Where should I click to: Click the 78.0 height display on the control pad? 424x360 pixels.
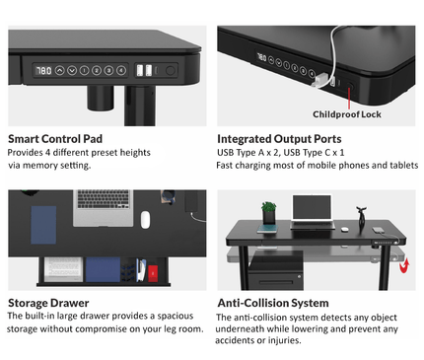point(43,71)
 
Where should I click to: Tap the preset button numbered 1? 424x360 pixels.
point(85,71)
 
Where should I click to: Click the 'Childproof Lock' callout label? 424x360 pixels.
point(347,113)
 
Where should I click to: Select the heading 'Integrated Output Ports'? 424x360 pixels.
point(279,139)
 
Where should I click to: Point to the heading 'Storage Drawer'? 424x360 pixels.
point(48,302)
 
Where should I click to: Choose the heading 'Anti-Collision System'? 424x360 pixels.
point(273,303)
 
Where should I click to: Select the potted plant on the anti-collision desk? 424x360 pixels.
point(268,212)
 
